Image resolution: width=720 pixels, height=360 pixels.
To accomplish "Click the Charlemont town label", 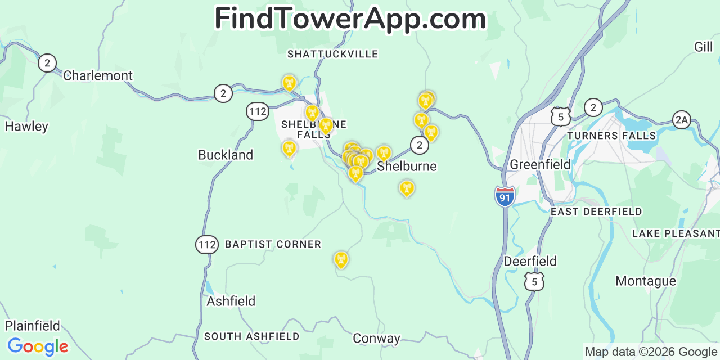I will click(98, 75).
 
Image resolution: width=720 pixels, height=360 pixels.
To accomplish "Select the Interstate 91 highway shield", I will click(505, 197).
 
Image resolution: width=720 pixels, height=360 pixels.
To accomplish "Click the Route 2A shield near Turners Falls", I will click(681, 119).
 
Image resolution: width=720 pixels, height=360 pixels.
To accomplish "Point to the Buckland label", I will click(226, 155).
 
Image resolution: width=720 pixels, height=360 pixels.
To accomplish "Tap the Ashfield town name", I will click(231, 301).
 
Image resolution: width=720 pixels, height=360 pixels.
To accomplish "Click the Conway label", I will click(376, 338).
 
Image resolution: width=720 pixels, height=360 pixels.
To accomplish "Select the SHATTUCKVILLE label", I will click(333, 54).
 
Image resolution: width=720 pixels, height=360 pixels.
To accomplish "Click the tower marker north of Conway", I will click(341, 259).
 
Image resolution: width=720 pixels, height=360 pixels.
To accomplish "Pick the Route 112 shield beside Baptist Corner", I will click(207, 244).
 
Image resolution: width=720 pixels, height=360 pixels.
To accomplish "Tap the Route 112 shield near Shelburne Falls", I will click(258, 111).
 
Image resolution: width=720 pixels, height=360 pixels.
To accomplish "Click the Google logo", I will click(38, 346).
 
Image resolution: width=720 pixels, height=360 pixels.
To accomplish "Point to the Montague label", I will click(646, 281).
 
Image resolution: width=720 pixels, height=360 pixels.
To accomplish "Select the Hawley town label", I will click(26, 126).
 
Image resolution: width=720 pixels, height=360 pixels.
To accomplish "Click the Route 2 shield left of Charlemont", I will click(47, 62).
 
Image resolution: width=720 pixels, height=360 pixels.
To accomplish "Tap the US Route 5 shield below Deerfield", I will click(534, 281).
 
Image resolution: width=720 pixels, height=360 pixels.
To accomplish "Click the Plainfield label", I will click(33, 326).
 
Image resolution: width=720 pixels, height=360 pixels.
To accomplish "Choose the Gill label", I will click(703, 47).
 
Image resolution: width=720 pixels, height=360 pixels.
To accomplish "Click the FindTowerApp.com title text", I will click(350, 19).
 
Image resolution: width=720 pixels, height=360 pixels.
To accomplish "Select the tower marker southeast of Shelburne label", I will click(407, 188).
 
